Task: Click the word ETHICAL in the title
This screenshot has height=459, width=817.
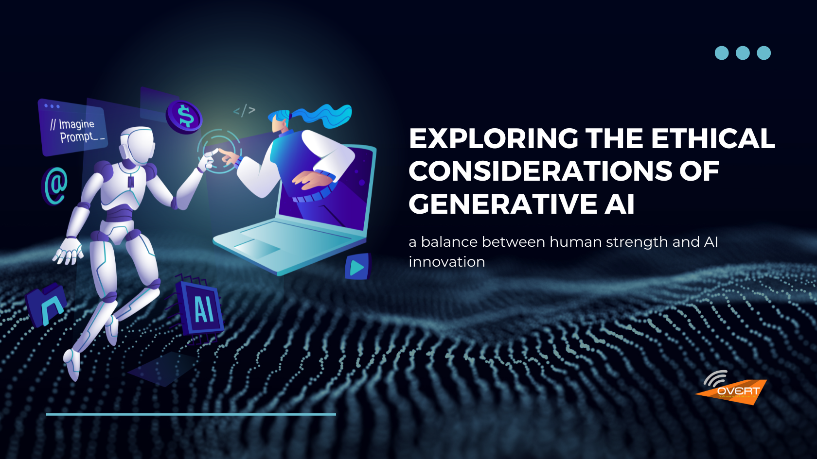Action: tap(712, 139)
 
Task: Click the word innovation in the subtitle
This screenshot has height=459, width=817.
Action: tap(446, 262)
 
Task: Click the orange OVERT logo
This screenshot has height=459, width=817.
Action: tap(734, 390)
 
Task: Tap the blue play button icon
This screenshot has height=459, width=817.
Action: tap(357, 267)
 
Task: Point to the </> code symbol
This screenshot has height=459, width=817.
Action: tap(244, 111)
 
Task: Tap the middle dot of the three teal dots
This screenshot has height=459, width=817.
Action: tap(743, 53)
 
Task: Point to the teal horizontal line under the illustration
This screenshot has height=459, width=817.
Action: tap(191, 414)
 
